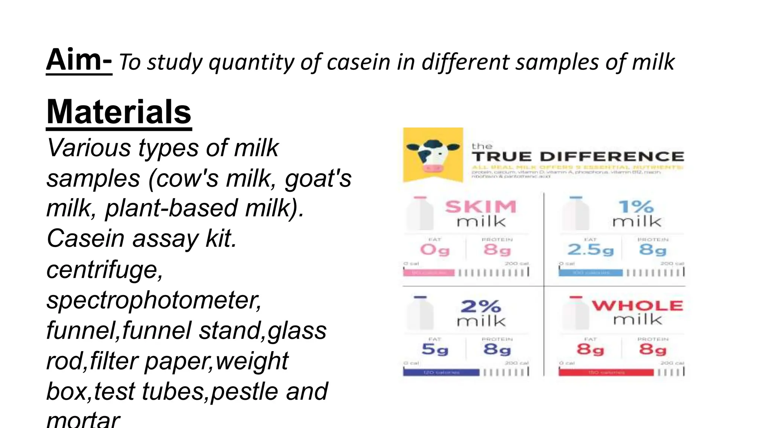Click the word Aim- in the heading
pos(79,60)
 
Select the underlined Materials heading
pos(119,112)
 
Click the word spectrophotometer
pos(154,300)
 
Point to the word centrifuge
pos(104,269)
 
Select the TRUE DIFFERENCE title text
pos(578,156)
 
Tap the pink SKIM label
pos(481,207)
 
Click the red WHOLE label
pos(637,305)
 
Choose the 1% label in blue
pos(636,207)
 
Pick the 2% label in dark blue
pos(481,307)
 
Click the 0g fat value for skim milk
pos(435,250)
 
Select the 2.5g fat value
pos(590,250)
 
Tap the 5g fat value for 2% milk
pos(435,349)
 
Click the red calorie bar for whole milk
pos(606,372)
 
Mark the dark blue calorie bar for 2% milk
pos(441,372)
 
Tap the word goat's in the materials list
pos(318,178)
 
